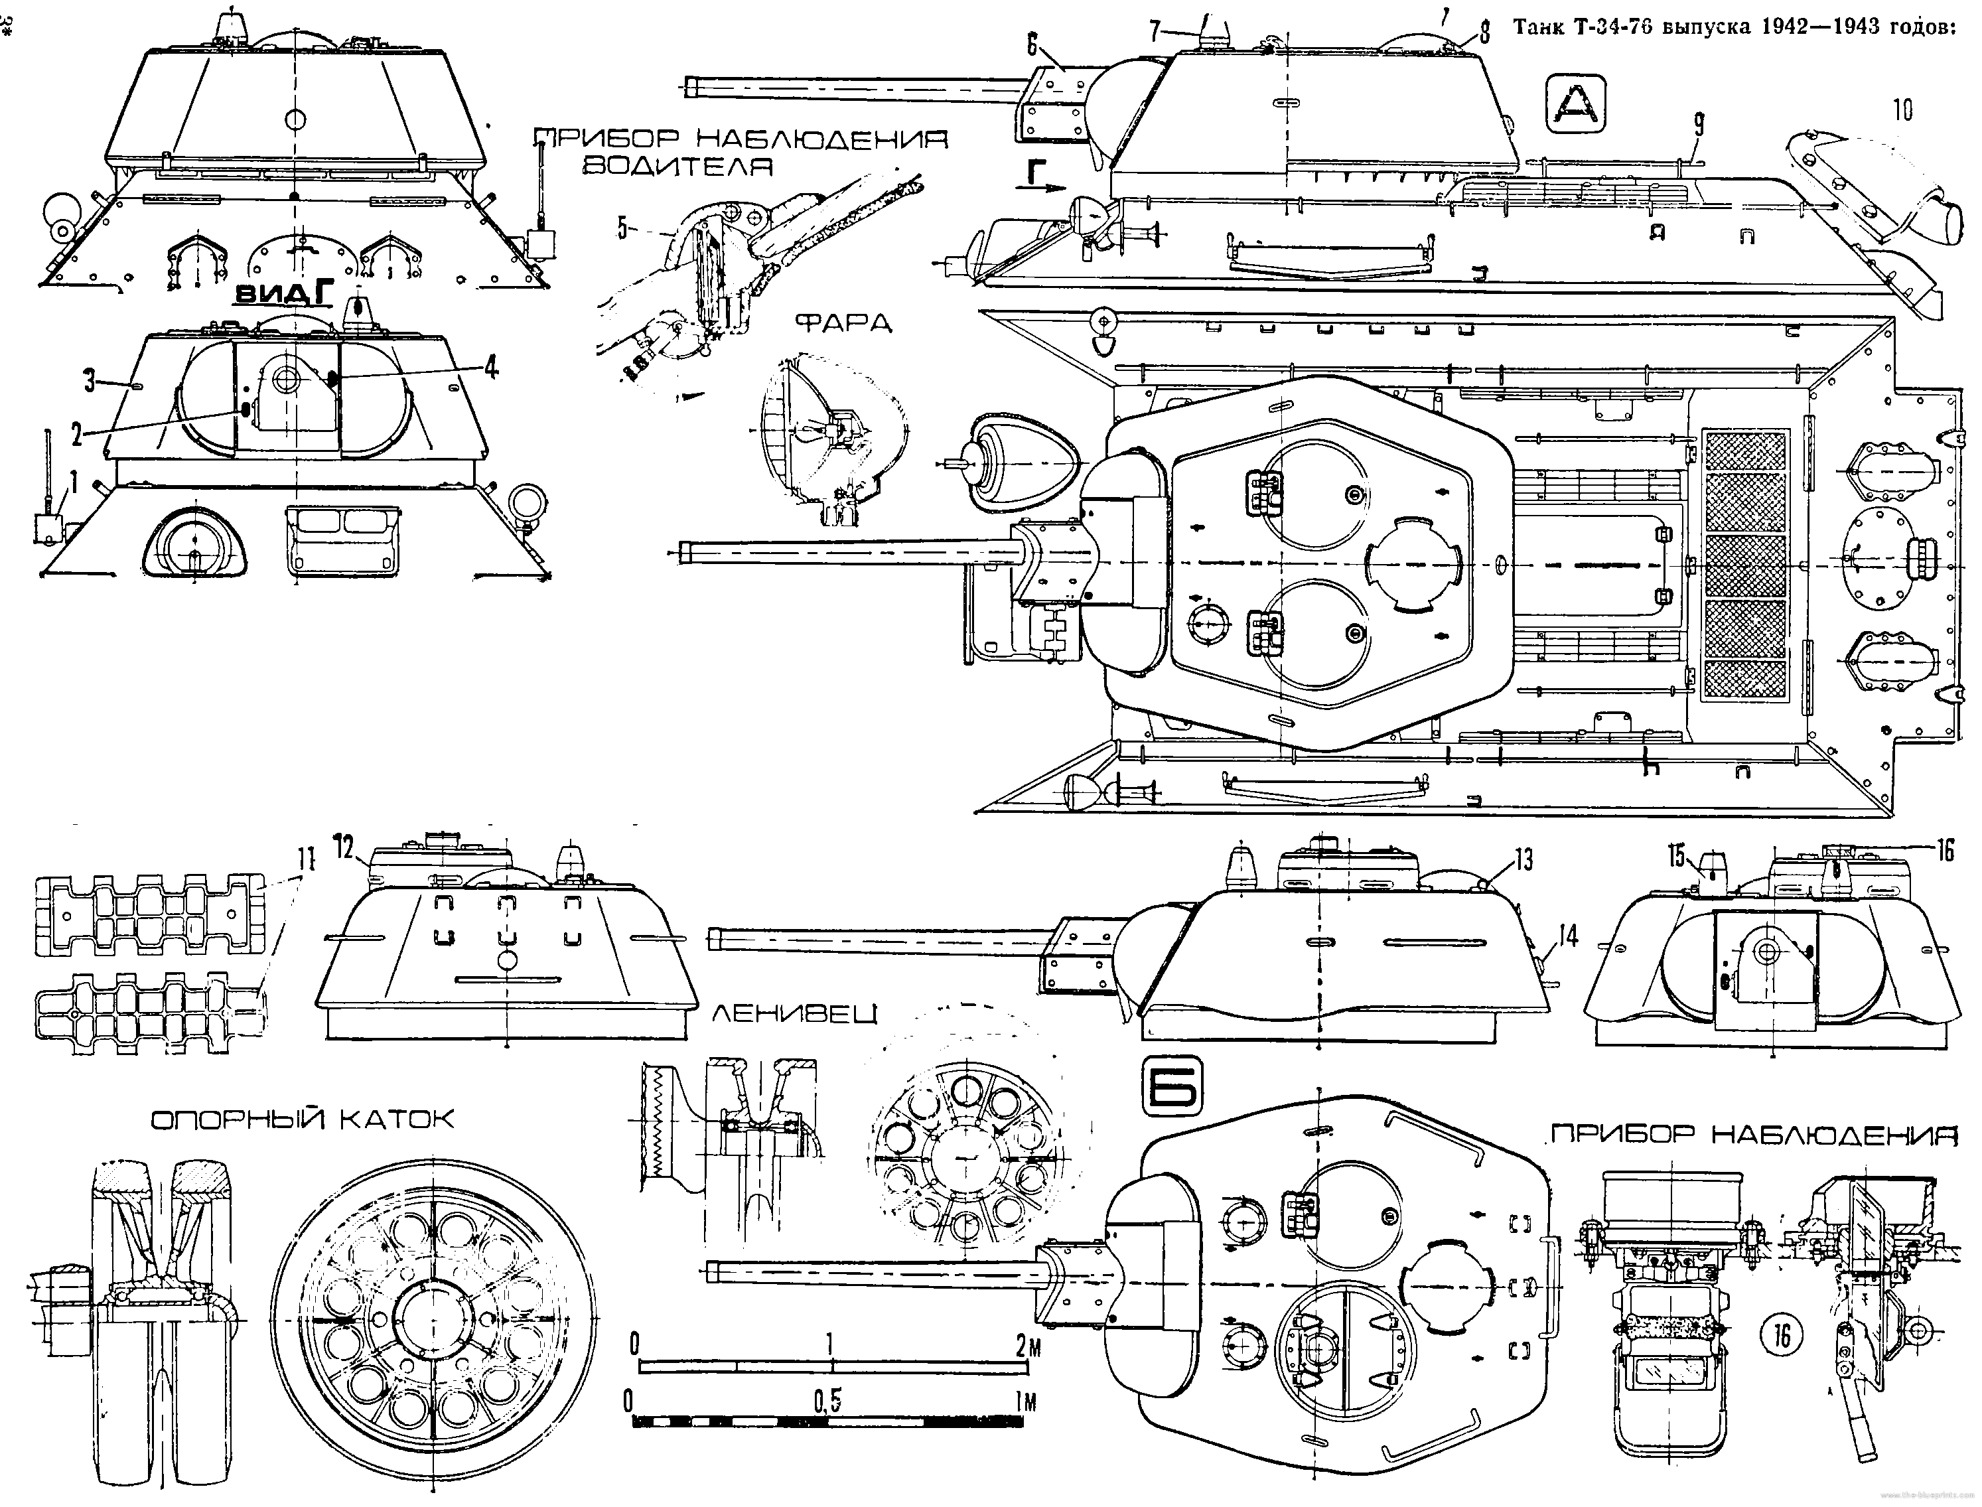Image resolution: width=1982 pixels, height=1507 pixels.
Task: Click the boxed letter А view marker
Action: coord(1576,107)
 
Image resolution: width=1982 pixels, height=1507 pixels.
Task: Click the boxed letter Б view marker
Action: coord(1171,1086)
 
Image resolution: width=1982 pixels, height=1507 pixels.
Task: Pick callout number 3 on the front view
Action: coord(90,380)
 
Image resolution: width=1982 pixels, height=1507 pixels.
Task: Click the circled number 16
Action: coord(1780,1336)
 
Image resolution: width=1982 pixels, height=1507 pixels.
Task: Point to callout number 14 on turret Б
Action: coord(1566,936)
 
